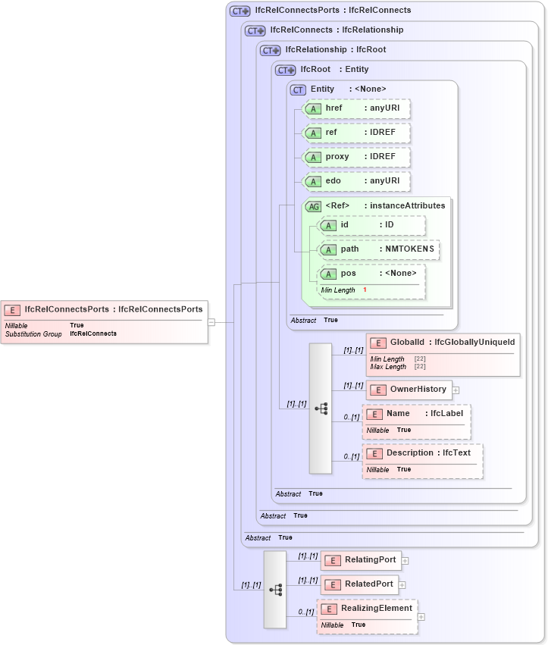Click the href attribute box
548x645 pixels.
(x=356, y=108)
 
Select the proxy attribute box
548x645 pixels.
(x=356, y=157)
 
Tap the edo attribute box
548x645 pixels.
(x=356, y=181)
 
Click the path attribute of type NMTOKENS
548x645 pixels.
(x=379, y=249)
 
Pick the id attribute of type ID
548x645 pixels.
(x=371, y=225)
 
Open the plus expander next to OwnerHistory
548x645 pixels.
(x=456, y=390)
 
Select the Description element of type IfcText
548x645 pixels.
(x=421, y=453)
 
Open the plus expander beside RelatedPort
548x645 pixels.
(x=402, y=585)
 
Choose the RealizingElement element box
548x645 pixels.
(x=367, y=609)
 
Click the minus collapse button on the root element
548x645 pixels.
(x=211, y=321)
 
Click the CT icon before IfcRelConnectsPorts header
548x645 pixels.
(x=240, y=11)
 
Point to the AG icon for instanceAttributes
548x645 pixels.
(x=312, y=206)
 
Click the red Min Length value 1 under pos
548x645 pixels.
(x=365, y=290)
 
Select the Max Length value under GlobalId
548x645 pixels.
(x=419, y=367)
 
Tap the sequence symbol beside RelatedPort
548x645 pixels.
(x=275, y=589)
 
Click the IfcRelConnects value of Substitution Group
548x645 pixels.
(x=93, y=333)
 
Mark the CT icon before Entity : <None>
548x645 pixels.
(x=299, y=89)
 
